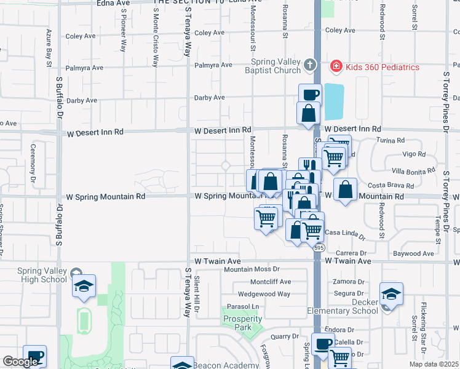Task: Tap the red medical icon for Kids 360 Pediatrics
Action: pyautogui.click(x=336, y=66)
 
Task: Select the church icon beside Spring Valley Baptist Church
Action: pyautogui.click(x=310, y=64)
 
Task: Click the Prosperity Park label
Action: pyautogui.click(x=242, y=323)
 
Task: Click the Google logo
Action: pyautogui.click(x=20, y=362)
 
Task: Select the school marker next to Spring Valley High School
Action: pyautogui.click(x=84, y=286)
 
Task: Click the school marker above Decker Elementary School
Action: pyautogui.click(x=391, y=295)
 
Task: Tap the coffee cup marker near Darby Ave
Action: pyautogui.click(x=310, y=95)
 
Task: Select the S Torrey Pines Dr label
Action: pyautogui.click(x=445, y=101)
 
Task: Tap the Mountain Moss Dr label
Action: pyautogui.click(x=252, y=269)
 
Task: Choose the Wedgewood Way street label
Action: pyautogui.click(x=264, y=294)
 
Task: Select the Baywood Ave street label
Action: pyautogui.click(x=414, y=253)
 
